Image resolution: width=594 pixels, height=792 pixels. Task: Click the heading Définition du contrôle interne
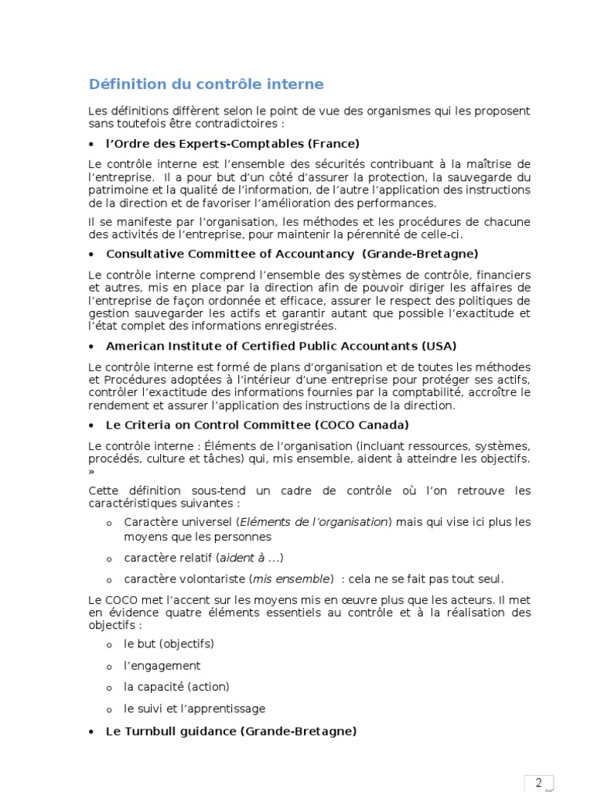pos(206,84)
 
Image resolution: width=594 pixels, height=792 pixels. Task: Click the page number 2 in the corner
pos(538,782)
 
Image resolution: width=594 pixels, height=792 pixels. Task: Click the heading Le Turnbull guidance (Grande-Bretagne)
pos(230,731)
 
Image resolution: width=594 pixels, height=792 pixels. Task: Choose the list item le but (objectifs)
pos(169,643)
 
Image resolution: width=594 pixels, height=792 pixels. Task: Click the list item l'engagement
pos(162,665)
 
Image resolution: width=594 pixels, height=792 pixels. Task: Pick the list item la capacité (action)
pos(176,687)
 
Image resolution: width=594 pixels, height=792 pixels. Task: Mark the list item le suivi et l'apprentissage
pos(194,708)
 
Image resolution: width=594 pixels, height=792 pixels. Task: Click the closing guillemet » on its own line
pos(91,471)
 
